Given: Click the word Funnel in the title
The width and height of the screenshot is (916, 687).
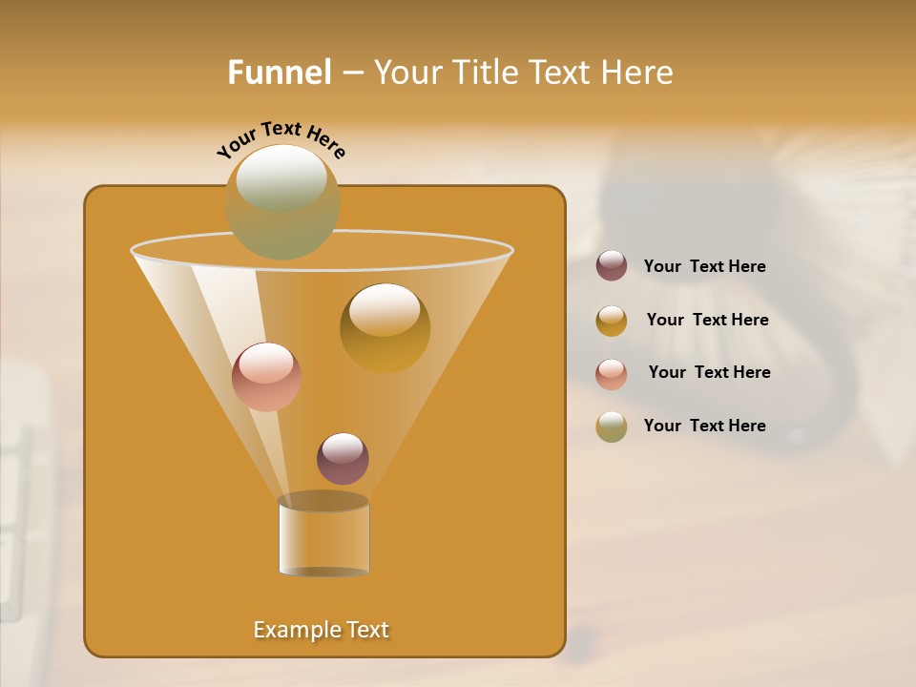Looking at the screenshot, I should tap(280, 73).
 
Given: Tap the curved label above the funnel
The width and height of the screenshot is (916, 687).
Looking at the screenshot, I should tap(281, 139).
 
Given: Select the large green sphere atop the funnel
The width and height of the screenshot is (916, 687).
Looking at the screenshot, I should tap(282, 200).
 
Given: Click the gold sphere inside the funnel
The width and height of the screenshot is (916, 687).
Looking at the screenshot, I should tap(385, 328).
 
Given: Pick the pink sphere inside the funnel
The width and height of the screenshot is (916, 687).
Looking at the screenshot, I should tap(266, 377).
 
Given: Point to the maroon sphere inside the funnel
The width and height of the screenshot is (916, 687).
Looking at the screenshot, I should tap(343, 459).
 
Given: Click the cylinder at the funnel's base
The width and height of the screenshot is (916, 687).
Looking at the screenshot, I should tap(323, 539).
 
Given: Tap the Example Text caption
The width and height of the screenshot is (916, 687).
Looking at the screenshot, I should tap(322, 630).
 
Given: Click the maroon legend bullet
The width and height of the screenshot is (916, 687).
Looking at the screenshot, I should tap(612, 266).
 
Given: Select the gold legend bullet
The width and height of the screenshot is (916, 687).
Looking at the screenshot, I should tap(612, 321).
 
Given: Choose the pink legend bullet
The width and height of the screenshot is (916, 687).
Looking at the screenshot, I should tap(612, 374).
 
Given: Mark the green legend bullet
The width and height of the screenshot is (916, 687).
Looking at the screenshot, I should tap(612, 427).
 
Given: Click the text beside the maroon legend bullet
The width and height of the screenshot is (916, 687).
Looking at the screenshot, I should tap(704, 267).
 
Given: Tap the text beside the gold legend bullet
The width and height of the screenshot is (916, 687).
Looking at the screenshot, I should tap(707, 321).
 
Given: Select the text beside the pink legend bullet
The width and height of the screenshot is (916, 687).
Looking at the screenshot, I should tap(709, 373).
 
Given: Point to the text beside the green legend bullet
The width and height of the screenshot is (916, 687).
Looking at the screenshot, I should tap(704, 426).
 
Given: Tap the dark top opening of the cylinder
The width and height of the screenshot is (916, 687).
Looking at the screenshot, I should tap(323, 501).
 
